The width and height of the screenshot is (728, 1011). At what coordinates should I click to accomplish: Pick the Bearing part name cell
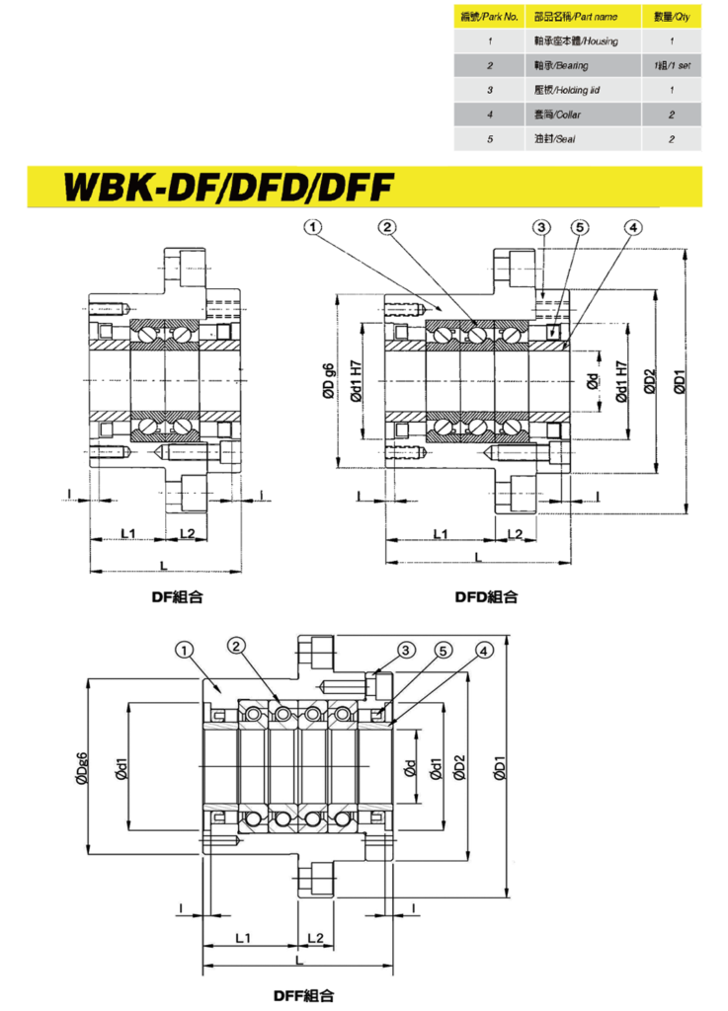click(560, 66)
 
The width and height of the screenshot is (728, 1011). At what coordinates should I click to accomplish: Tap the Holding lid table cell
click(566, 90)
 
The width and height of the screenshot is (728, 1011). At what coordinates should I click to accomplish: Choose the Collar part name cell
click(555, 115)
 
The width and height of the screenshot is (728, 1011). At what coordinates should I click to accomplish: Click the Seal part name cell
click(553, 139)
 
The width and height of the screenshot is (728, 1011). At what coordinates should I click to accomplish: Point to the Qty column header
click(671, 17)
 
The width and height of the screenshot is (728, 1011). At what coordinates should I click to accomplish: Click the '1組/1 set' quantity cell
click(671, 66)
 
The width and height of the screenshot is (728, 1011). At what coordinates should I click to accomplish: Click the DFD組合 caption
click(486, 597)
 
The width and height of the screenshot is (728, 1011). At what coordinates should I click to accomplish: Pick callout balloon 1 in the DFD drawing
click(313, 228)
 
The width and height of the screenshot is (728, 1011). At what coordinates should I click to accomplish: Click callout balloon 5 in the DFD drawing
click(580, 228)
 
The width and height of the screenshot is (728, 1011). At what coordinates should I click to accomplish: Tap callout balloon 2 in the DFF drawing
click(235, 646)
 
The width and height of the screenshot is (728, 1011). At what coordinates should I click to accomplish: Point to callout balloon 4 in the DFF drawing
click(483, 650)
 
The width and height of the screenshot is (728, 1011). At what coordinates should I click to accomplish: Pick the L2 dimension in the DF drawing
click(187, 533)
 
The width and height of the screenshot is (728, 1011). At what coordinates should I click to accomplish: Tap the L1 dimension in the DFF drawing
click(244, 935)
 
